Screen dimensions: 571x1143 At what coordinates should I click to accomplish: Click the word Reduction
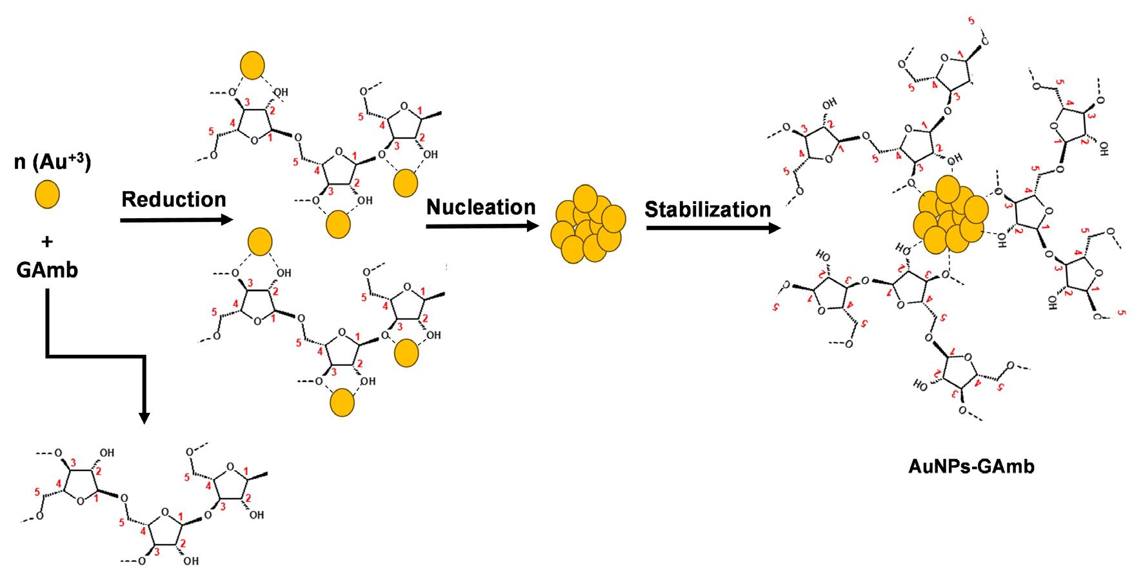[174, 199]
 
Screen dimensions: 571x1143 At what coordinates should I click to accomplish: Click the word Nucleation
[481, 207]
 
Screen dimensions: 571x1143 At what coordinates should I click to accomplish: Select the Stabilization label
[708, 210]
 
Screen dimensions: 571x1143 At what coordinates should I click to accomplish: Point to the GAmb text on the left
[47, 270]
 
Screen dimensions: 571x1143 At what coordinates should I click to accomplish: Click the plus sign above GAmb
[47, 241]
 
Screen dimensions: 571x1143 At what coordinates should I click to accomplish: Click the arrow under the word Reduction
[175, 221]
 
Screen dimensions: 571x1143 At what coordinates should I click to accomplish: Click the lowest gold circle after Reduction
[342, 403]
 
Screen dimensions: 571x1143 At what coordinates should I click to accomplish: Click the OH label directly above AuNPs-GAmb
[920, 385]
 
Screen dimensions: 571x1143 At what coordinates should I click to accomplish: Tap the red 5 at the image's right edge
[1123, 313]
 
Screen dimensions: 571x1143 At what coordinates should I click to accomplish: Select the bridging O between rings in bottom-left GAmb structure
[124, 496]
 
